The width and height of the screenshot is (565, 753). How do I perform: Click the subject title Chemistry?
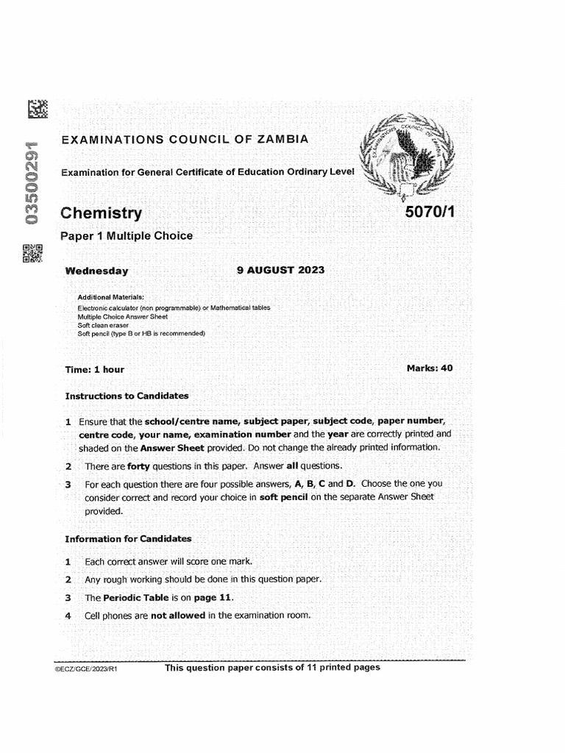tap(101, 213)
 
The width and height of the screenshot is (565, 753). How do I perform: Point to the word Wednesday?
tap(96, 271)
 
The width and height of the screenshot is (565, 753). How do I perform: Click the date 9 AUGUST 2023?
tap(280, 270)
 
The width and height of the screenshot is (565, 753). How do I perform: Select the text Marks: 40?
tap(429, 368)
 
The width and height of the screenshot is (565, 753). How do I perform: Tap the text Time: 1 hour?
tap(94, 369)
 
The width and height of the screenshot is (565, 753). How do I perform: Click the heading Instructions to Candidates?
tap(127, 396)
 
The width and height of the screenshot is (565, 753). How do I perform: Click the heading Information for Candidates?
tap(128, 538)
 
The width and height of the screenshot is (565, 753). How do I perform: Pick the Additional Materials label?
tap(110, 297)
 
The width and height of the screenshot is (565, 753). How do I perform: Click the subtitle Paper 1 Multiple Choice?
tap(126, 236)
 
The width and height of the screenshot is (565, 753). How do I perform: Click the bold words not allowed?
tap(177, 615)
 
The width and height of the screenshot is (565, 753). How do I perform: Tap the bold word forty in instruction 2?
tap(139, 465)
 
